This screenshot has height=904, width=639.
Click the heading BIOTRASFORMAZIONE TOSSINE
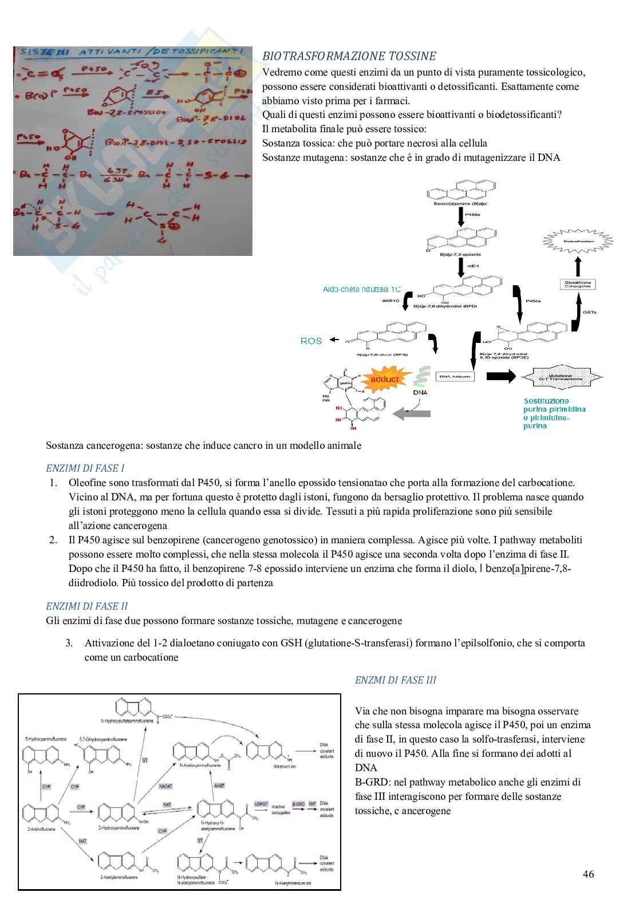pyautogui.click(x=349, y=56)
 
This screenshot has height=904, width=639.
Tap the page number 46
pyautogui.click(x=588, y=874)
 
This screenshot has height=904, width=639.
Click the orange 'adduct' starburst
pyautogui.click(x=384, y=379)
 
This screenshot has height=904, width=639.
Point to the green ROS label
pyautogui.click(x=311, y=341)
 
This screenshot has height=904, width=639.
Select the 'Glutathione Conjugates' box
pyautogui.click(x=578, y=284)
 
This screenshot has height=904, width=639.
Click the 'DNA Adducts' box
pyautogui.click(x=455, y=376)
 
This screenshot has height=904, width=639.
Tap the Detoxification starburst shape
pyautogui.click(x=578, y=241)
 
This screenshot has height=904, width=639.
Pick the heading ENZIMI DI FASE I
pyautogui.click(x=85, y=468)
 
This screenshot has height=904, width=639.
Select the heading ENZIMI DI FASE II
pyautogui.click(x=86, y=606)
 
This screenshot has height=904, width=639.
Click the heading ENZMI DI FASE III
pyautogui.click(x=396, y=680)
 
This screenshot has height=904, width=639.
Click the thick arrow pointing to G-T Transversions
pyautogui.click(x=501, y=376)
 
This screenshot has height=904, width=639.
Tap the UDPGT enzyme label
pyautogui.click(x=261, y=804)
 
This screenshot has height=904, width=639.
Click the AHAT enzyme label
pyautogui.click(x=219, y=786)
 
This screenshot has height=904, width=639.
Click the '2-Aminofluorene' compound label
pyautogui.click(x=40, y=830)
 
